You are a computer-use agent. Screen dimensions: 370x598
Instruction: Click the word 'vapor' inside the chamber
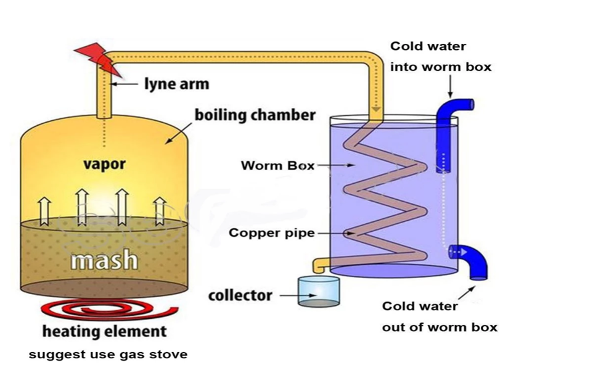click(105, 164)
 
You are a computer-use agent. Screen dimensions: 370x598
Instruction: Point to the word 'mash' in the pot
click(104, 260)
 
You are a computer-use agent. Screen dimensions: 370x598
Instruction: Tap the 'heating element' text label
click(104, 331)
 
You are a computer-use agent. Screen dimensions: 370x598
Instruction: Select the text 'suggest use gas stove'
click(108, 355)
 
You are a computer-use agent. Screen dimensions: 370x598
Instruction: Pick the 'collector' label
click(240, 295)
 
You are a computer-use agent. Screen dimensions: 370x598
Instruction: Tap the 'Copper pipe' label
click(271, 233)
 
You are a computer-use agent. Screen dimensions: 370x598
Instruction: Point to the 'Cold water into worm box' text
click(441, 56)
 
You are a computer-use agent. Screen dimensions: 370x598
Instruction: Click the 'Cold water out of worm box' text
click(439, 316)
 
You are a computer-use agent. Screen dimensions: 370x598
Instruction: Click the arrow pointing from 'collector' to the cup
click(287, 296)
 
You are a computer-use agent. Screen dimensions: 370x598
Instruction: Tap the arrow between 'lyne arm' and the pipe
click(126, 83)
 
